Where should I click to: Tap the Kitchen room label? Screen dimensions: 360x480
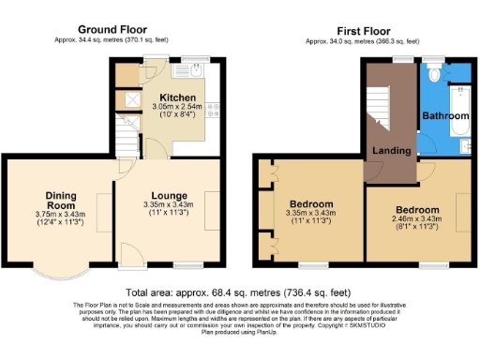[177, 97]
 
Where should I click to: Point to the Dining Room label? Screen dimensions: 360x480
[60, 201]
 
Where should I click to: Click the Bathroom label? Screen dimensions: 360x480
[443, 115]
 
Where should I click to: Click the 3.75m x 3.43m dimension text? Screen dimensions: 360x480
[60, 214]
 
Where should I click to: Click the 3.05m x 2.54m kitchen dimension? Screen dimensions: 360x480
[177, 108]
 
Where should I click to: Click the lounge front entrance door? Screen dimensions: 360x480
[131, 255]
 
